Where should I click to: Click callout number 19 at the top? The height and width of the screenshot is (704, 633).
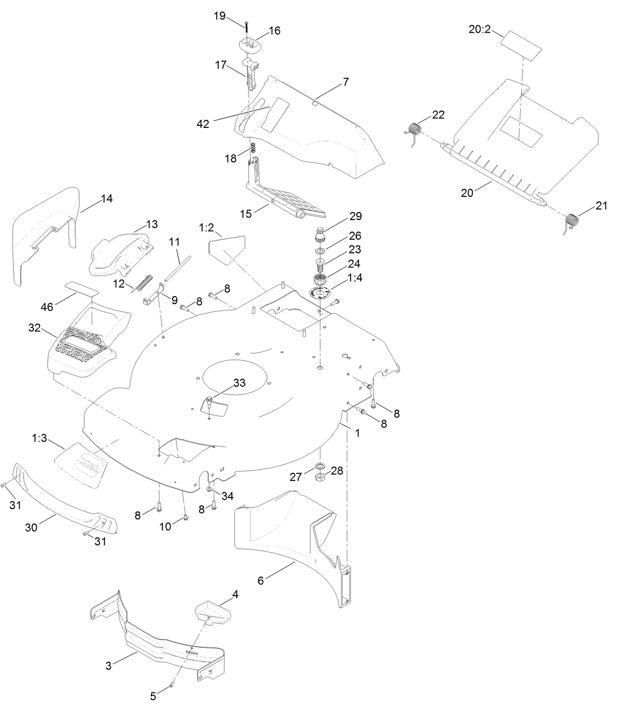[x=219, y=16]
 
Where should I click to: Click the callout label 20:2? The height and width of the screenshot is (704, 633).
[x=479, y=30]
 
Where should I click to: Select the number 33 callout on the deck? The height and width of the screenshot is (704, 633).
[x=239, y=383]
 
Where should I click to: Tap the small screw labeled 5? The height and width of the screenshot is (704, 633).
[x=172, y=684]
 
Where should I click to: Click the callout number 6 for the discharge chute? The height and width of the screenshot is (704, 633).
[x=260, y=581]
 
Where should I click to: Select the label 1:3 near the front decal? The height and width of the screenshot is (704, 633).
[x=39, y=439]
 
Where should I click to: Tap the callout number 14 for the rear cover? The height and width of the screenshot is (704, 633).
[x=106, y=198]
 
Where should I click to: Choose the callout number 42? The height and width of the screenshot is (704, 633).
[x=203, y=124]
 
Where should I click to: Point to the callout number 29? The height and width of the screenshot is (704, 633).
[x=356, y=216]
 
